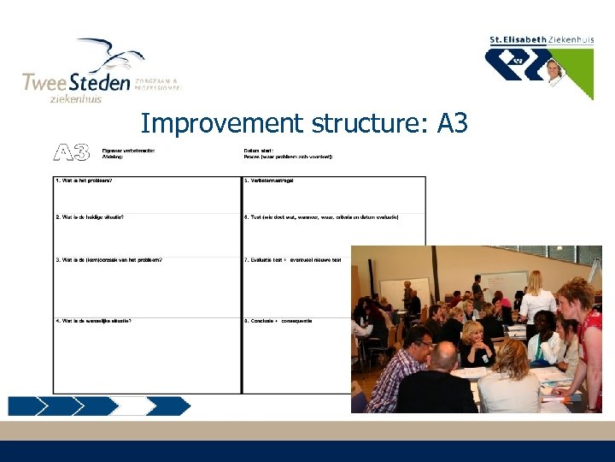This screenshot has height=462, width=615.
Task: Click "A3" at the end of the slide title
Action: coord(452,123)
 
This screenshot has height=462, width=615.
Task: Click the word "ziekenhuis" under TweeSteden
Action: coord(74,98)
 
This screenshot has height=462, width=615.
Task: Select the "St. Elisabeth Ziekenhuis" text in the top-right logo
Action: coord(541,39)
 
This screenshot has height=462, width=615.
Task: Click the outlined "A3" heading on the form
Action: coord(72,153)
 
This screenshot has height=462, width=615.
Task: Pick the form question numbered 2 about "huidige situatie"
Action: coord(90,217)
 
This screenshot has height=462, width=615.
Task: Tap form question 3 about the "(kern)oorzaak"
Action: coord(108,259)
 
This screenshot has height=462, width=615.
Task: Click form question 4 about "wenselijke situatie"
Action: coord(94,321)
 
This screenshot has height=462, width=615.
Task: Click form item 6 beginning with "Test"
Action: coord(321,217)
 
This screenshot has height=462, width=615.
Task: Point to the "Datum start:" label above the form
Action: coord(260,151)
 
